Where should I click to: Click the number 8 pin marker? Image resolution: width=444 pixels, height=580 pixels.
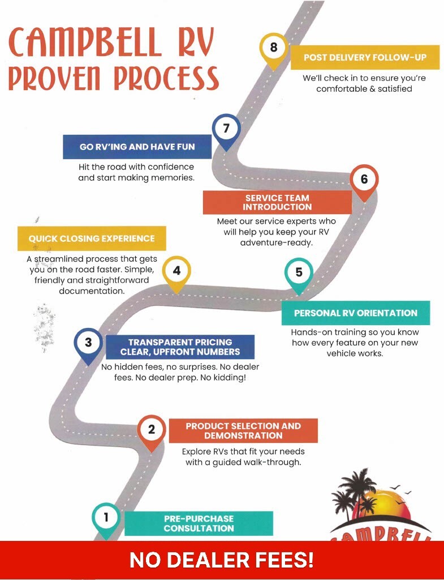pyautogui.click(x=273, y=50)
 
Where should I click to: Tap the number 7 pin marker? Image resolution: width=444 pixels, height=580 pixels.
pyautogui.click(x=226, y=131)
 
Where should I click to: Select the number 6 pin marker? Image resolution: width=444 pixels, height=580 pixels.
pyautogui.click(x=364, y=182)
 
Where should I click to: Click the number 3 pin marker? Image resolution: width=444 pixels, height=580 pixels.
pyautogui.click(x=88, y=345)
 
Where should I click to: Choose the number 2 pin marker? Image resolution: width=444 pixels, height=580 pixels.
pyautogui.click(x=151, y=432)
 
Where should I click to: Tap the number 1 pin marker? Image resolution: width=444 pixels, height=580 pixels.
pyautogui.click(x=106, y=519)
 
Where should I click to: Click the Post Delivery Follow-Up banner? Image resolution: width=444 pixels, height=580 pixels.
pyautogui.click(x=365, y=57)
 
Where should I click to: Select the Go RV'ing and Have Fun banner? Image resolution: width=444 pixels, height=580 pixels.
pyautogui.click(x=137, y=147)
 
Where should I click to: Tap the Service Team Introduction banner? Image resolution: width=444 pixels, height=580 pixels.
pyautogui.click(x=277, y=202)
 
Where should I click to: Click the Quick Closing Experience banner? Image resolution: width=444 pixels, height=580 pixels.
pyautogui.click(x=92, y=238)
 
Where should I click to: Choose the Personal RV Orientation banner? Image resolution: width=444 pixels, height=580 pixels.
pyautogui.click(x=356, y=313)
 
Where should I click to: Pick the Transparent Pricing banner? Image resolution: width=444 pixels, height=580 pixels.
pyautogui.click(x=180, y=347)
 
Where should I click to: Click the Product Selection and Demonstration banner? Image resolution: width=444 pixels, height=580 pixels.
pyautogui.click(x=243, y=431)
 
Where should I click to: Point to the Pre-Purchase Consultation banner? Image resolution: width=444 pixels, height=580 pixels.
pyautogui.click(x=199, y=523)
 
